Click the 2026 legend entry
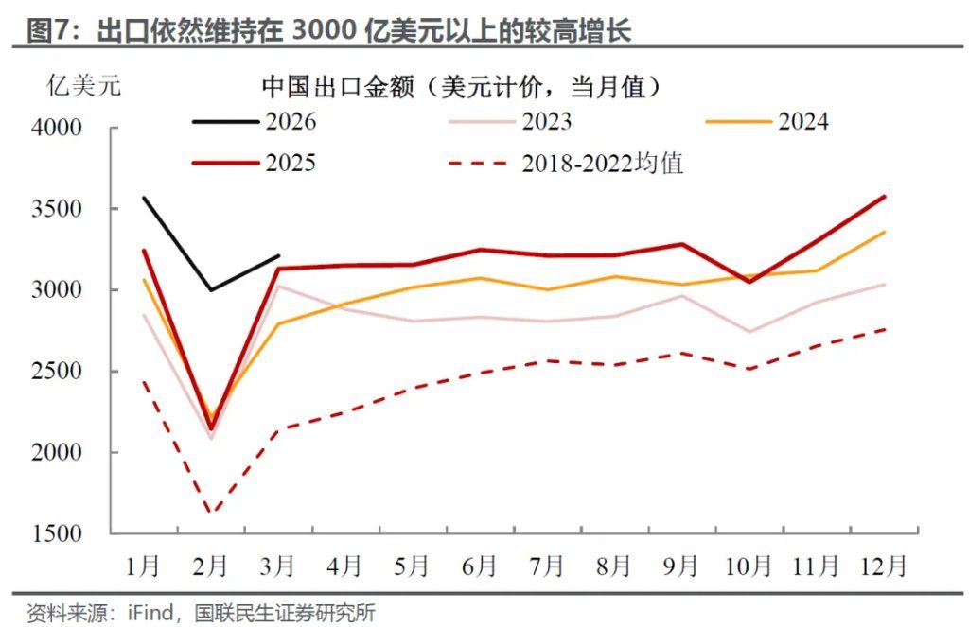[291, 122]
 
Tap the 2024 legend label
[803, 122]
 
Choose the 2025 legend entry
[291, 163]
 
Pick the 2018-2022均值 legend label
[602, 163]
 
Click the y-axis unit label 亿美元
[84, 87]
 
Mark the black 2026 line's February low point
[210, 289]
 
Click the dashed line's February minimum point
[210, 514]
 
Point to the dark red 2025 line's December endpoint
[884, 197]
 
